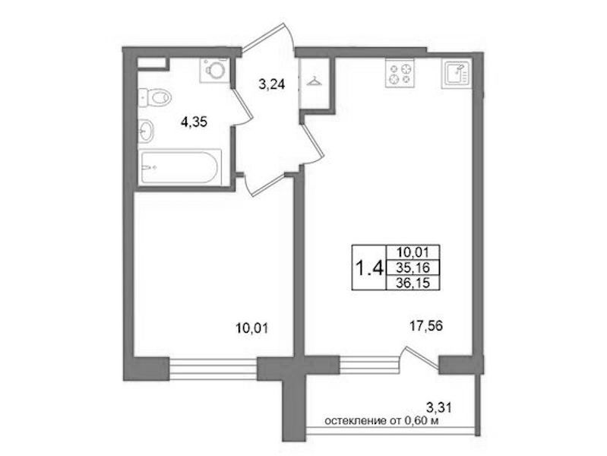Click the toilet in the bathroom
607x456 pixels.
(x=155, y=97)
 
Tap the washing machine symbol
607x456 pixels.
(x=214, y=70)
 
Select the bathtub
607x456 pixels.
(x=180, y=167)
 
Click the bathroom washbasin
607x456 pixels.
(x=146, y=131)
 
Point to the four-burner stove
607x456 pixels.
(x=400, y=74)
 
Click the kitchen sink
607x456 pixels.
(x=457, y=73)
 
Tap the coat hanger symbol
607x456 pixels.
(x=313, y=82)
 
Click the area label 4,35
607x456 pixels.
(x=194, y=122)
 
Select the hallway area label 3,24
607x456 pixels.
(x=272, y=84)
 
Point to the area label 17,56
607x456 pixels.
(x=426, y=327)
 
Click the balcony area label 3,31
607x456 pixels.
(x=439, y=407)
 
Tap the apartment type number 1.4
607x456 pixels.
(x=369, y=268)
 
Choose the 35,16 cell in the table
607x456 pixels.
(x=413, y=268)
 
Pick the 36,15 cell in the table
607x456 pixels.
(x=413, y=283)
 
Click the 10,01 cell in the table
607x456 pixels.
(x=413, y=252)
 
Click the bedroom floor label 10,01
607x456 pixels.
(x=252, y=328)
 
